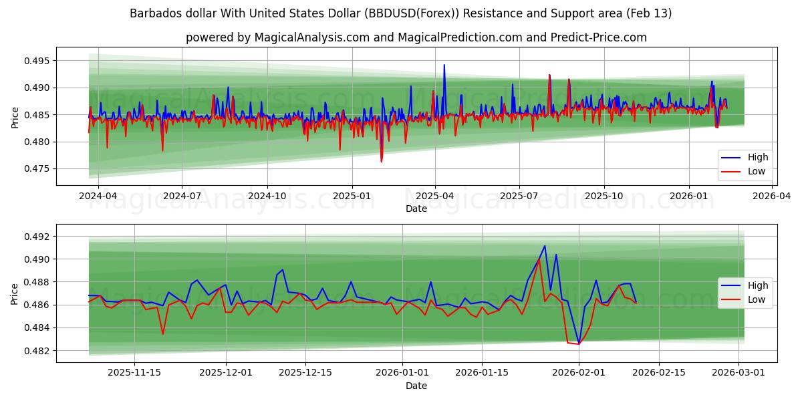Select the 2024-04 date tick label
[x=98, y=196]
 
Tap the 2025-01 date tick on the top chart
[x=352, y=196]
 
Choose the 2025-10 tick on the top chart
[x=604, y=196]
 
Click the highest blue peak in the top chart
[x=444, y=65]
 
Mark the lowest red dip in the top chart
[x=382, y=162]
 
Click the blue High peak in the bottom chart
[x=545, y=246]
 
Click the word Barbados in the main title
[x=153, y=13]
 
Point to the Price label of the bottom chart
[x=15, y=293]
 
